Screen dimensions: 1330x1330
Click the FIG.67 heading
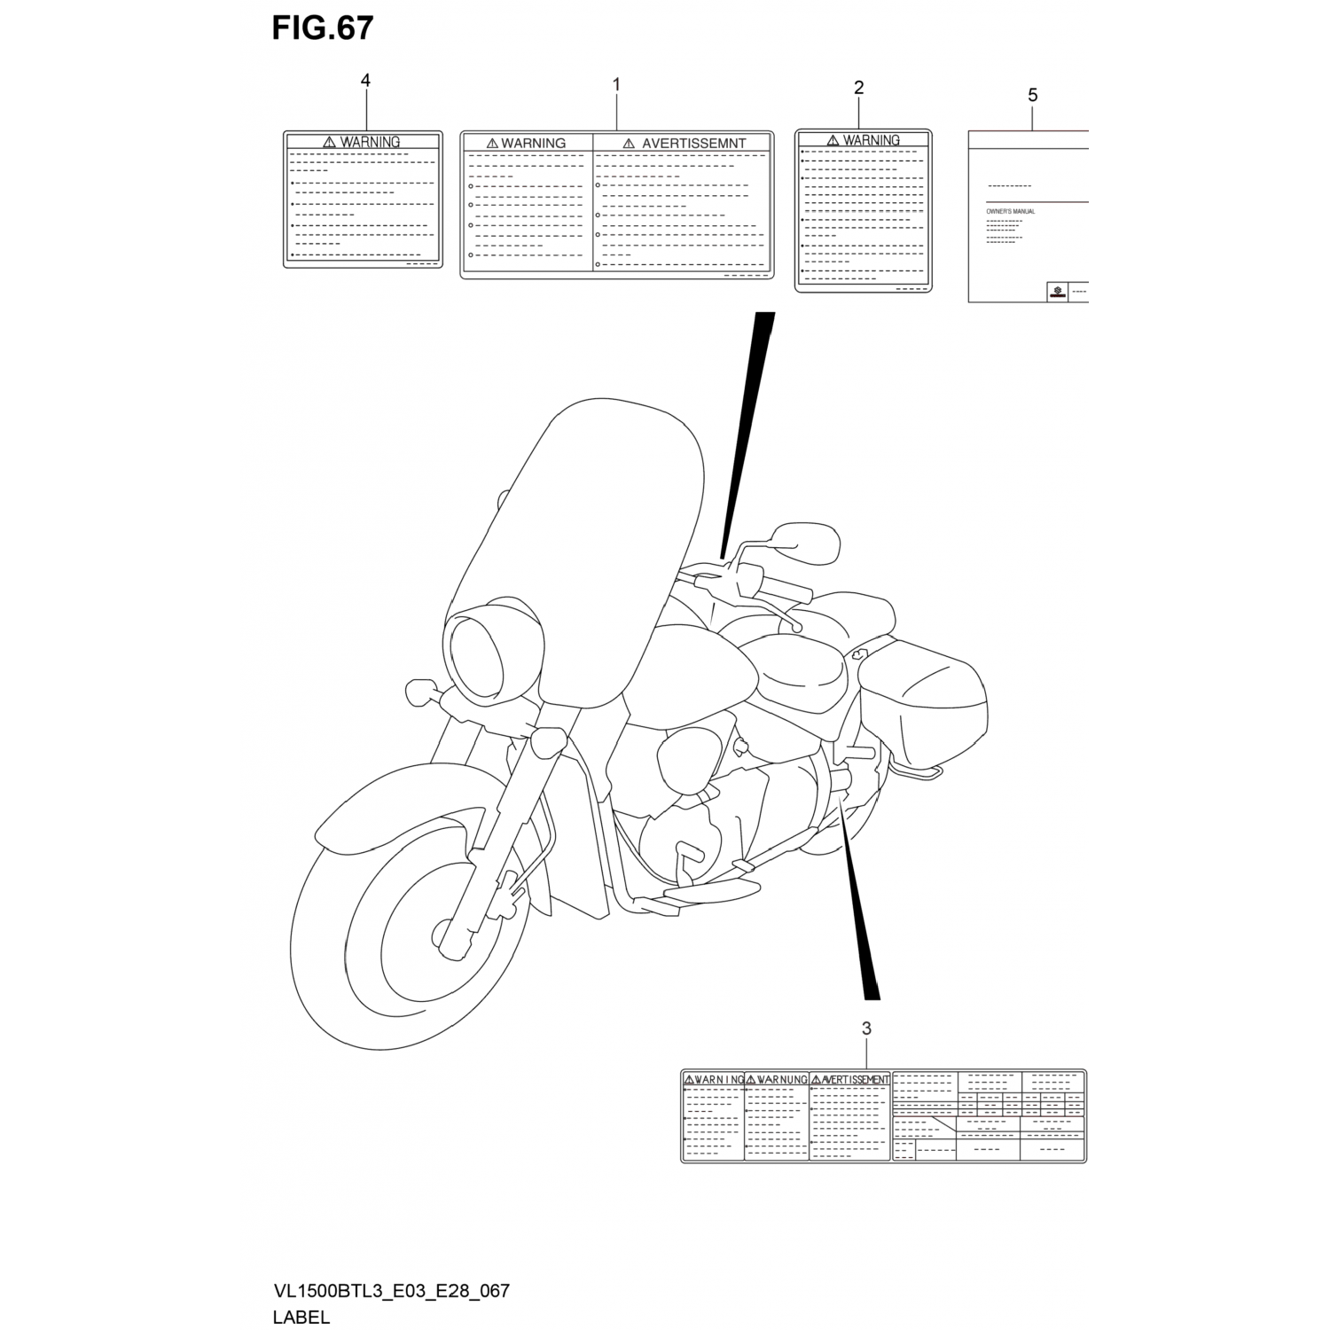coord(322,28)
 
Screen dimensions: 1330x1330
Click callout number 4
coord(365,81)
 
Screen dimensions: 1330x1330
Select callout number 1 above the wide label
coord(616,85)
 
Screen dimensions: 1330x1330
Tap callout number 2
coord(858,87)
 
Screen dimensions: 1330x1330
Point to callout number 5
coord(1032,95)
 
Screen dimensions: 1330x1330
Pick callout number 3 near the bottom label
coord(866,1029)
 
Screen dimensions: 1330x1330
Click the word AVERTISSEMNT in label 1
coord(693,143)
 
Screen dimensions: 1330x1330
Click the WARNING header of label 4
coord(370,142)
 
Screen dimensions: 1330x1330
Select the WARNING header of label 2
coord(871,140)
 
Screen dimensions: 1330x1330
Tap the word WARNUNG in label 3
coord(781,1079)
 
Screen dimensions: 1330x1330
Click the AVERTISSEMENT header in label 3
coord(855,1079)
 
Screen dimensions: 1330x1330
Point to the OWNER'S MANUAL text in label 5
coord(1011,212)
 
